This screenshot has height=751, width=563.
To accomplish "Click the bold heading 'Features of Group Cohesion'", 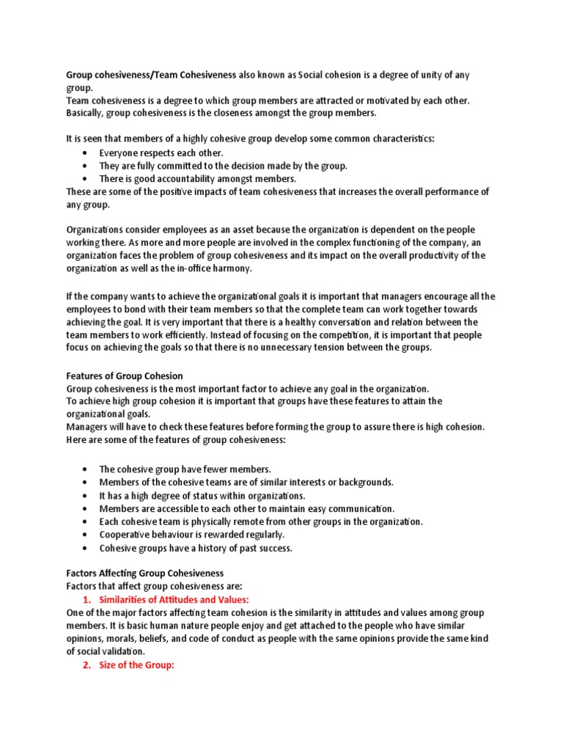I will coord(125,376).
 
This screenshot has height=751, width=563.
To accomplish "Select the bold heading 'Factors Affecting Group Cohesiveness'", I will coord(145,573).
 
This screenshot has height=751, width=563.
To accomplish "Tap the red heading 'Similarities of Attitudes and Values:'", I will coord(174,600).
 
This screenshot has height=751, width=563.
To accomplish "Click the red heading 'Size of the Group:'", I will coord(137,666).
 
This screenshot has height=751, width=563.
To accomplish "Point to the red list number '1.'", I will coord(87,600).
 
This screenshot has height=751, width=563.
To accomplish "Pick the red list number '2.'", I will coord(87,666).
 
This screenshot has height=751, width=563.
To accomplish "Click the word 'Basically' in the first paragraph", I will coord(86,112).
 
